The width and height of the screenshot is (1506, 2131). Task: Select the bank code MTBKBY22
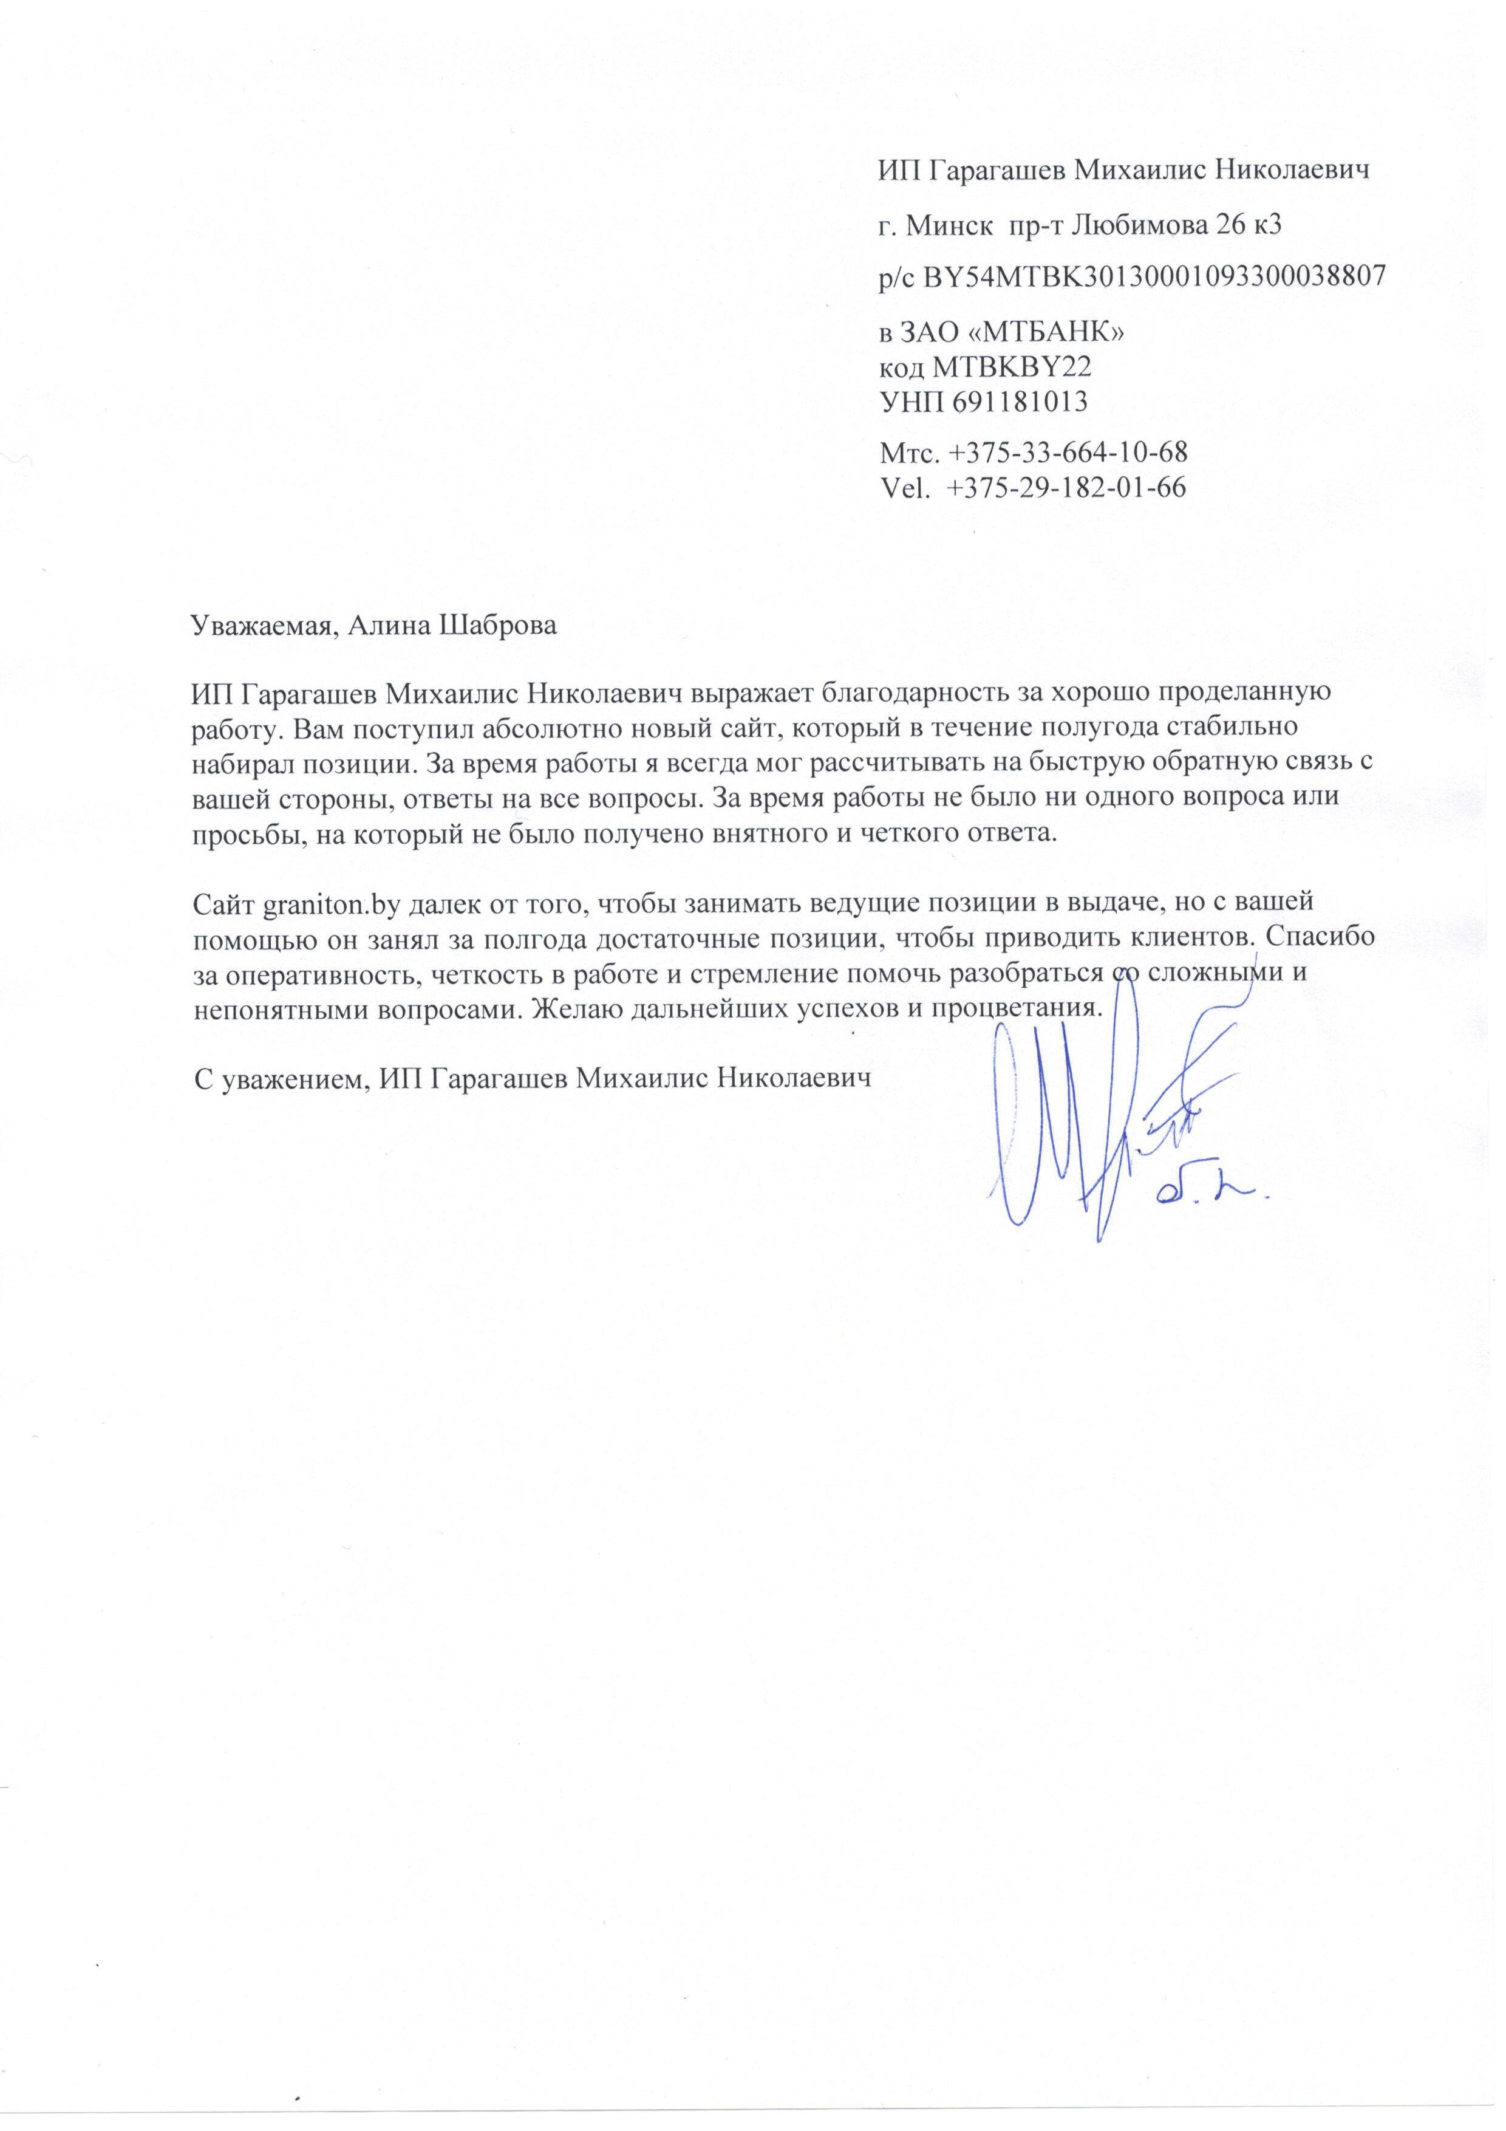1012,367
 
